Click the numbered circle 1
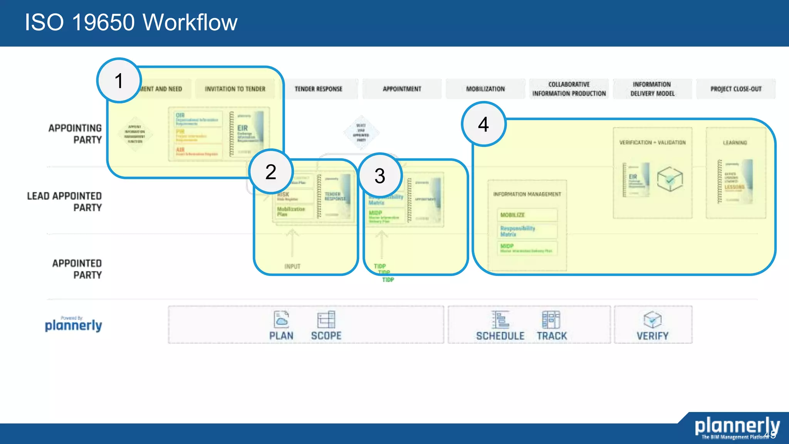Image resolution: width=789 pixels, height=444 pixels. pos(119,81)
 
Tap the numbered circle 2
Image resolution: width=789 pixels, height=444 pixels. pos(271,172)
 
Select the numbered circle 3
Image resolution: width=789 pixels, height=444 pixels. pos(380,176)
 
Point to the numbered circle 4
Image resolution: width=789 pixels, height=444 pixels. pos(483,124)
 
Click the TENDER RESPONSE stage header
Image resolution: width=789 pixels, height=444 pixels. pos(319,89)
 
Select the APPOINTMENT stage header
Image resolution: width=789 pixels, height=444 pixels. pos(402,89)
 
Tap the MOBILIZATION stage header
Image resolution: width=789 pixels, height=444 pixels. pos(485,89)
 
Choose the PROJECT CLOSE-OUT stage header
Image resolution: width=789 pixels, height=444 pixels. pos(736,89)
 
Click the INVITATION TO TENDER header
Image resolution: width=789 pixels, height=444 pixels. pos(235,89)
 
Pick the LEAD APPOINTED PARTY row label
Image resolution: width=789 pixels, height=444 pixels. pos(65,202)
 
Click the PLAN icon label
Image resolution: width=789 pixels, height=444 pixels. pos(281,336)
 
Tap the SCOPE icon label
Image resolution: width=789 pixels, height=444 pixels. pos(326,336)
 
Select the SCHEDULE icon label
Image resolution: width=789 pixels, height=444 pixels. pos(500,336)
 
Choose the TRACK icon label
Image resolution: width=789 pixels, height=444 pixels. pos(552,336)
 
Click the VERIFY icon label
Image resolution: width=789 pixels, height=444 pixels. pos(652,336)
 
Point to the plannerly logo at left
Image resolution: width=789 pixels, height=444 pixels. pos(73,325)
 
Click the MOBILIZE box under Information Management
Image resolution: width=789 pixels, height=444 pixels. pos(527,215)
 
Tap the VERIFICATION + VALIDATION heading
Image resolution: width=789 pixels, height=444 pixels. pos(652,143)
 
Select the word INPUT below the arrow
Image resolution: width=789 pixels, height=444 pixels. pos(292,266)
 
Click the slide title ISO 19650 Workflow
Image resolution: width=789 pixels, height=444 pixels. pos(131,22)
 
